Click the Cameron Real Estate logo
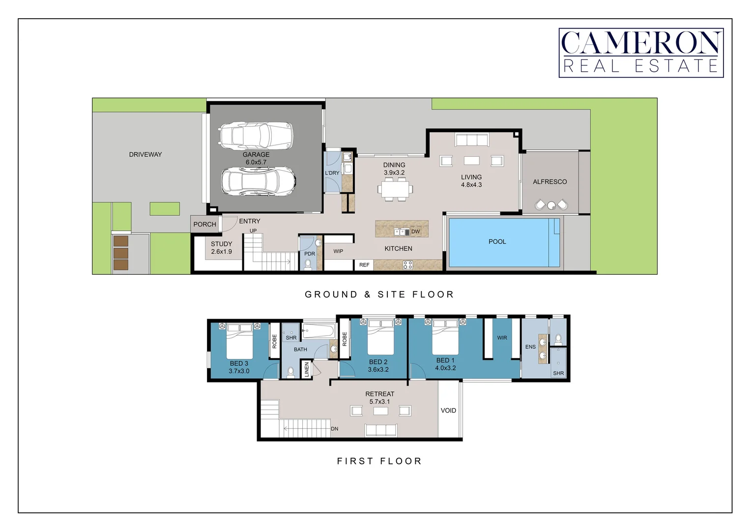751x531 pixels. (x=641, y=53)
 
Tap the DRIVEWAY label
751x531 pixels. (x=145, y=154)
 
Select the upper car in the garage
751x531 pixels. (x=256, y=135)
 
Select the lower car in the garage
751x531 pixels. (x=258, y=182)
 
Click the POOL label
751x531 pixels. (x=497, y=241)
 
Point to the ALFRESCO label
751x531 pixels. (x=549, y=182)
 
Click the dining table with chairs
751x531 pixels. (x=395, y=189)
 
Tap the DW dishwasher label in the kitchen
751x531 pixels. (x=416, y=232)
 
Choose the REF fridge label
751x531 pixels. (x=364, y=265)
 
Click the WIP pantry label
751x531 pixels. (x=338, y=251)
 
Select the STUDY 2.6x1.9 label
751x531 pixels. (x=221, y=247)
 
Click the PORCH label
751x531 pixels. (x=204, y=224)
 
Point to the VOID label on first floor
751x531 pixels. (x=448, y=411)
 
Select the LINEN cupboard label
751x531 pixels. (x=307, y=369)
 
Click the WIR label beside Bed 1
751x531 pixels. (x=502, y=338)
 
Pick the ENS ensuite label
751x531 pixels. (x=530, y=347)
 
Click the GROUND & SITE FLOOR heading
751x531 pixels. (x=379, y=295)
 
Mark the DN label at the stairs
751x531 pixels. (x=334, y=429)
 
